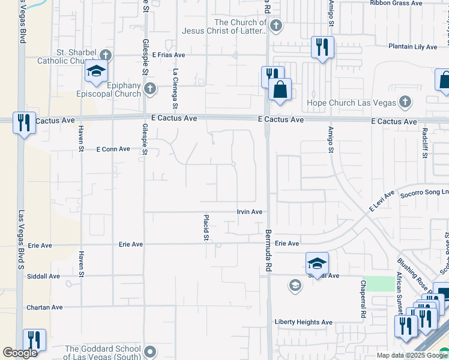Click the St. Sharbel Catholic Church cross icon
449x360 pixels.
(x=106, y=54)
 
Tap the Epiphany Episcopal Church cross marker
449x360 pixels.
(x=150, y=89)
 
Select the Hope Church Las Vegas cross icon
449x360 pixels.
(x=405, y=102)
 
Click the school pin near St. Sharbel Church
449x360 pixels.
(x=96, y=71)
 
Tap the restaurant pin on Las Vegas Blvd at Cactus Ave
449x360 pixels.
(x=24, y=123)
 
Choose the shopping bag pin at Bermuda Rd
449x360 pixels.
(x=280, y=91)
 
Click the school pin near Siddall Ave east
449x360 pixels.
(x=317, y=263)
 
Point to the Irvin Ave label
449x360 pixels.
(x=250, y=212)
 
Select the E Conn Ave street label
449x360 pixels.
(x=113, y=149)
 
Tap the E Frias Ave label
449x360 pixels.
(x=169, y=55)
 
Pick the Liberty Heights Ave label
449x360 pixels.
(x=303, y=322)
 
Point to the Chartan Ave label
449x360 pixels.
(x=44, y=307)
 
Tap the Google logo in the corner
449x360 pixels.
(x=20, y=353)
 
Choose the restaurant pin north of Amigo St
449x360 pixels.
(x=322, y=47)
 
